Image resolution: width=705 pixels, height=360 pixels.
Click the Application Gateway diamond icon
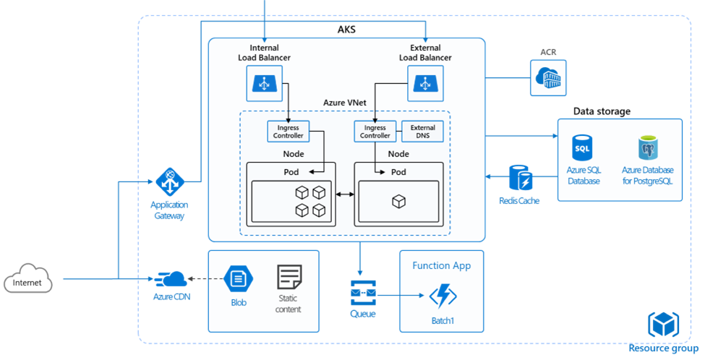pos(171,181)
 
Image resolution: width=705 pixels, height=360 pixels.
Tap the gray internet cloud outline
pos(28,278)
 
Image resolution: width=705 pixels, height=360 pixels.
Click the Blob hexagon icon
pos(236,278)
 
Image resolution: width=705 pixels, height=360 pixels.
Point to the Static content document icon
pos(289,278)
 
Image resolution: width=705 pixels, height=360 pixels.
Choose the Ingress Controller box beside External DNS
pos(374,132)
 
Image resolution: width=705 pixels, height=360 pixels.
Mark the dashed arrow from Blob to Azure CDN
pos(204,278)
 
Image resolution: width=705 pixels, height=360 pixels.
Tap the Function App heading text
pos(441,265)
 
